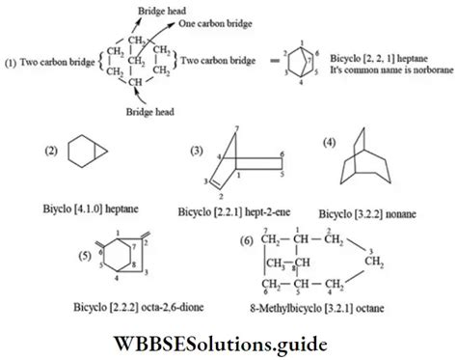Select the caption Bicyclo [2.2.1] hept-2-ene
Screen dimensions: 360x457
233,209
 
